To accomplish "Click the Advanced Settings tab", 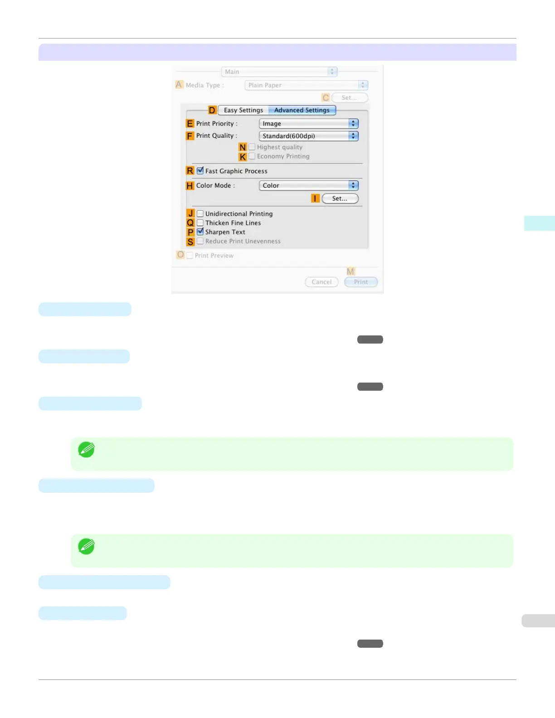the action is pos(302,110).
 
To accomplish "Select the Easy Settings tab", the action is pos(243,110).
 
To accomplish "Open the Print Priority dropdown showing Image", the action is pos(308,124).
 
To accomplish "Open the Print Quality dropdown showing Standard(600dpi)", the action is pos(308,136).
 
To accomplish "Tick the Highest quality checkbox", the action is pos(252,147).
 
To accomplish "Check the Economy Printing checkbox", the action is pos(252,156).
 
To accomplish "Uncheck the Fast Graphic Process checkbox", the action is pos(200,171).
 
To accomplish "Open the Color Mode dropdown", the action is pos(308,185).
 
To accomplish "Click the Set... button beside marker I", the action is pos(340,199).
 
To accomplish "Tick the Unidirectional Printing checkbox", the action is pos(200,213).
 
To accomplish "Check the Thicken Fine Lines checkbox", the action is pos(200,223).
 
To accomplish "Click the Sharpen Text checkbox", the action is pos(200,232).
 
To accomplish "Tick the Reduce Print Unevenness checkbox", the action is pos(200,241).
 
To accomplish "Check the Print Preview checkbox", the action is pos(190,256).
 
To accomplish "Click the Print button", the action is pos(361,282).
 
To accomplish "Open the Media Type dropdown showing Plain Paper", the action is pos(306,85).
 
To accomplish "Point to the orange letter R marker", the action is pos(190,171).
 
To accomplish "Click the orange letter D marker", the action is pos(212,110).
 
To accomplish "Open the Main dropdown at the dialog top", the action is pos(279,72).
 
